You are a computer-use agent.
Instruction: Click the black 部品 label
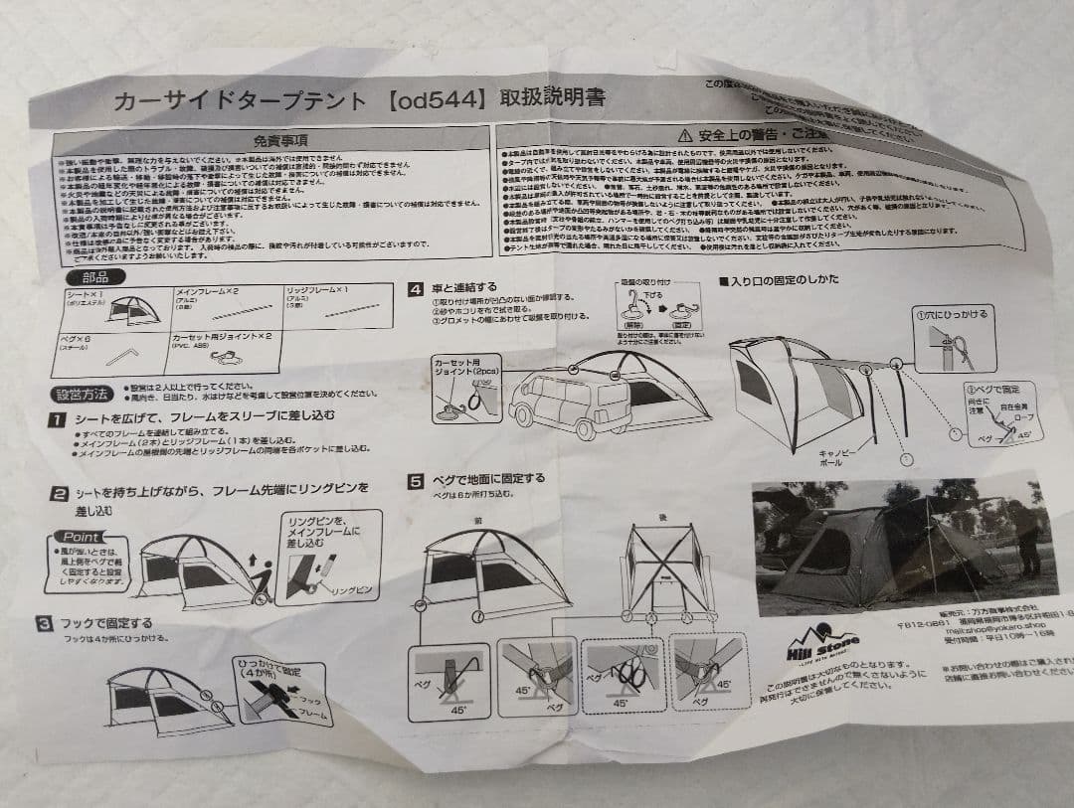pyautogui.click(x=95, y=277)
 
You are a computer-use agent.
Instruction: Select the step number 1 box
pyautogui.click(x=58, y=419)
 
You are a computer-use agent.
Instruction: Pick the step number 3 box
pyautogui.click(x=44, y=623)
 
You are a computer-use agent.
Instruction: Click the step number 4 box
pyautogui.click(x=417, y=290)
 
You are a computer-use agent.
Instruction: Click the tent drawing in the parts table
pyautogui.click(x=133, y=310)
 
